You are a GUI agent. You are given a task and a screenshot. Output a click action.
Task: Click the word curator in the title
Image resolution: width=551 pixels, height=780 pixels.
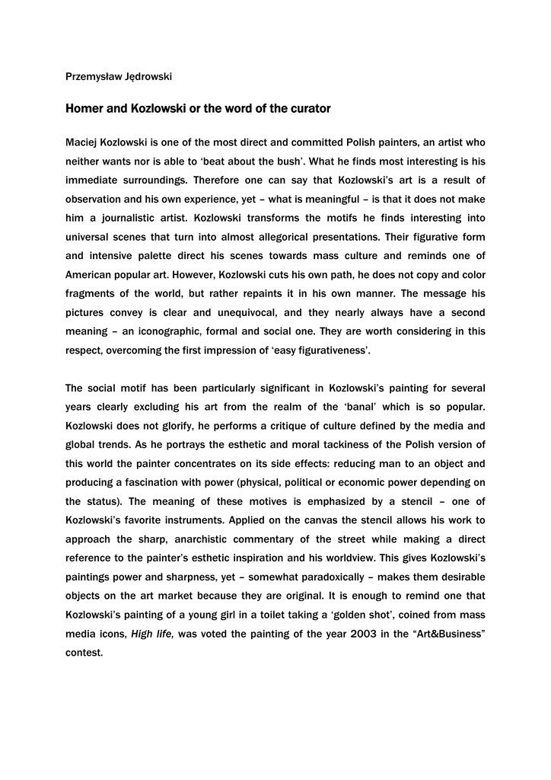click(x=308, y=109)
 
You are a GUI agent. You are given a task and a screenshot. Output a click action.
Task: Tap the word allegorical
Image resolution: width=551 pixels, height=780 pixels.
click(x=336, y=237)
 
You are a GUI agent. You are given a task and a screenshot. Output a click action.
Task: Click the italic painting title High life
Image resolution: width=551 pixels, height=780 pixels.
click(x=152, y=634)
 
